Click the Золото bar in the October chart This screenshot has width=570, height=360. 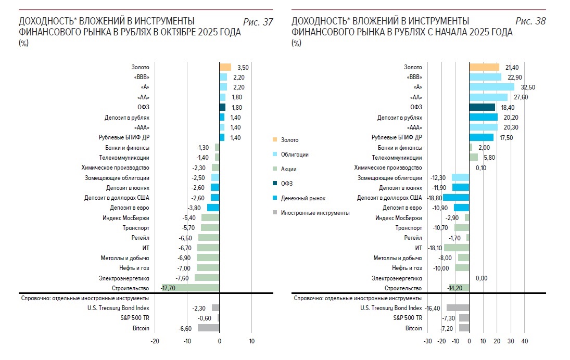(225, 67)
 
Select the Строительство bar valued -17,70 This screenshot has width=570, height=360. (191, 288)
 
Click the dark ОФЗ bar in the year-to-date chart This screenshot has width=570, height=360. (482, 107)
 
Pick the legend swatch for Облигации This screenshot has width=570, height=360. (275, 155)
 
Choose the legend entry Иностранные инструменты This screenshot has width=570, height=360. (315, 213)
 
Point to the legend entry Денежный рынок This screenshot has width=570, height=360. (303, 198)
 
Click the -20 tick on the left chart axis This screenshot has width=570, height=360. (155, 342)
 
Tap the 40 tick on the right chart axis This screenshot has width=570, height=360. (525, 342)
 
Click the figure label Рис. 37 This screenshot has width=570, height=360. (258, 21)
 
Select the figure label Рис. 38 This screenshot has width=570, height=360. (530, 21)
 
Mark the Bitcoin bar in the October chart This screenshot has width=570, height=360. (208, 328)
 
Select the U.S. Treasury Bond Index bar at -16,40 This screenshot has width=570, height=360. (458, 308)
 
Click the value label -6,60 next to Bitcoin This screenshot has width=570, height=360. (186, 328)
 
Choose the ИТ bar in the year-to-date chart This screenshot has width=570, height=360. (457, 248)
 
